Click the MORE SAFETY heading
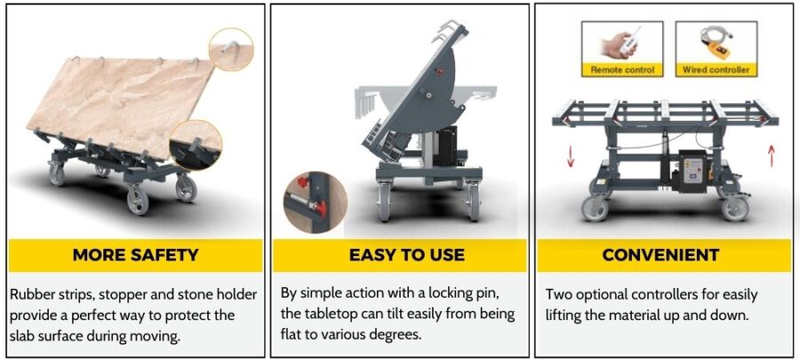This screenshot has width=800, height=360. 135,254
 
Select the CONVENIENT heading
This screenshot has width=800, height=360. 660,254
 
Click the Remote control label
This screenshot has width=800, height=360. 622,70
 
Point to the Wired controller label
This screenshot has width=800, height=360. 716,70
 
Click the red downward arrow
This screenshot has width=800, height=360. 571,158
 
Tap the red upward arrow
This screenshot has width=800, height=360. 771,155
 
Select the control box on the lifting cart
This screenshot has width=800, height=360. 692,171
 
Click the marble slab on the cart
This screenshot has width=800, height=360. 121,106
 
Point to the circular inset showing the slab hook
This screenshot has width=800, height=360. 231,50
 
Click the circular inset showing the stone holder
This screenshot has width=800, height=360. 196,145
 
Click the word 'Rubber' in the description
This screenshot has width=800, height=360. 32,295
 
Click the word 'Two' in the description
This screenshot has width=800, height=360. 557,295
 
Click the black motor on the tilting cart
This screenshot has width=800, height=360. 447,145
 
